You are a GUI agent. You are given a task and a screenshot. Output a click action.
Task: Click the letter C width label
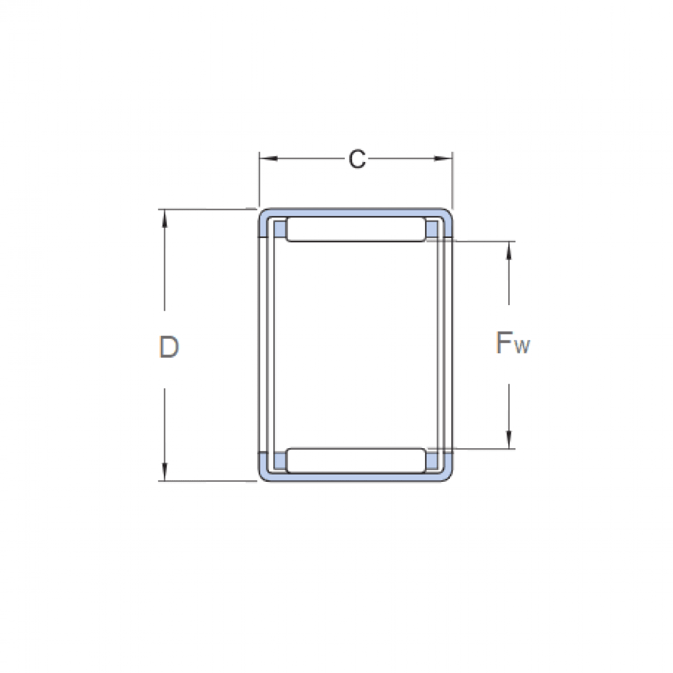[357, 159]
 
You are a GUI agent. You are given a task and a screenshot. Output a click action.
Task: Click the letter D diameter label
[168, 348]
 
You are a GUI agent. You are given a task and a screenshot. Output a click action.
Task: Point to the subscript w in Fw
[522, 348]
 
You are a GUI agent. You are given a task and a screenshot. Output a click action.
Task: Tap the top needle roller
[356, 231]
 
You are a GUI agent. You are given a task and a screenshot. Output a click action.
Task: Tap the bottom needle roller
[356, 460]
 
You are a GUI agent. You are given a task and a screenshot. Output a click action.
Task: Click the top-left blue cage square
[280, 229]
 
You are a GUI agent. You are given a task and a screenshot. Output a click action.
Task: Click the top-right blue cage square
[432, 229]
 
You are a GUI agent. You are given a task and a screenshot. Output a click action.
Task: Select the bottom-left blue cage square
[280, 460]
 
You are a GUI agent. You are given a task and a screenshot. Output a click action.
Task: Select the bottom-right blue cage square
[432, 460]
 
